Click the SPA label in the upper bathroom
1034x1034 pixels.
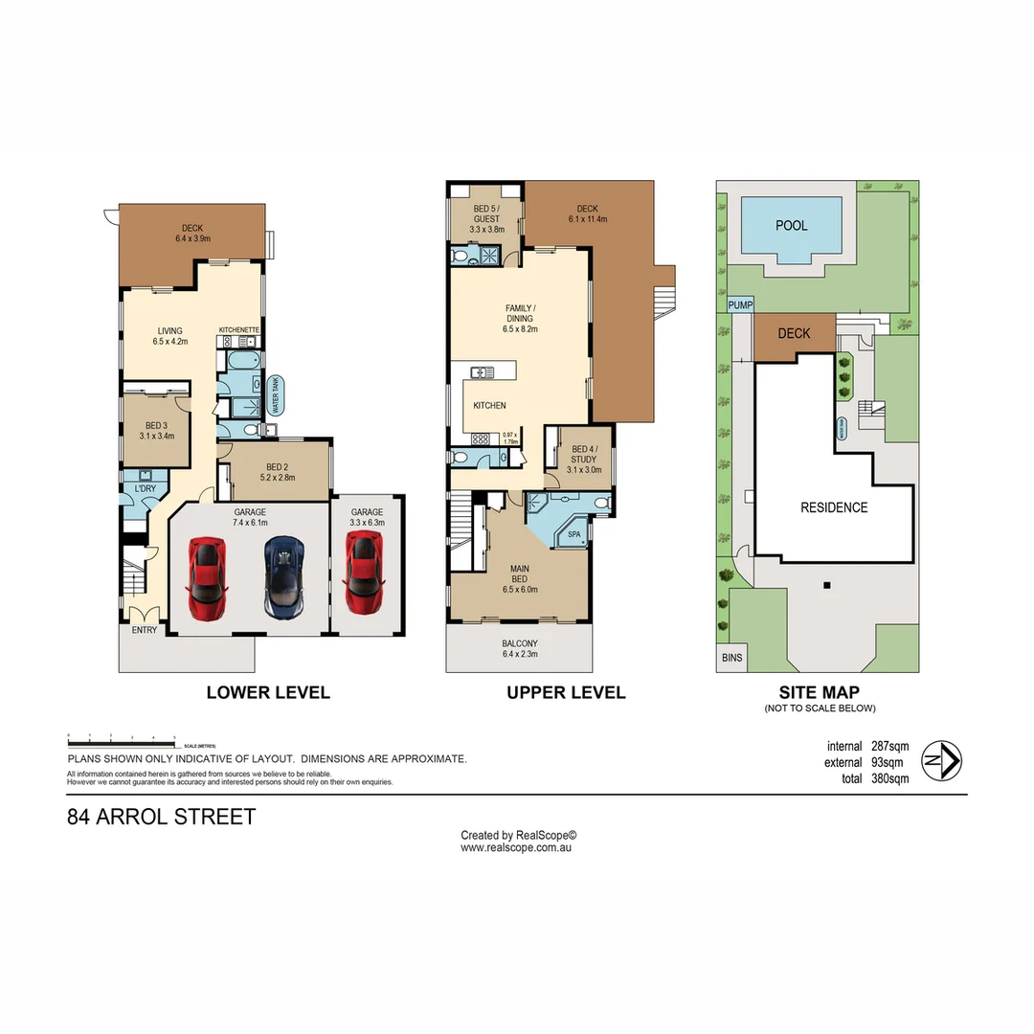pyautogui.click(x=575, y=534)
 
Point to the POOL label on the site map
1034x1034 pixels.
pyautogui.click(x=791, y=226)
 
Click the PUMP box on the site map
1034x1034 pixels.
pyautogui.click(x=740, y=305)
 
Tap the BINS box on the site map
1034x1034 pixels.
pyautogui.click(x=732, y=659)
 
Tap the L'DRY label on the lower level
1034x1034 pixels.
pyautogui.click(x=146, y=489)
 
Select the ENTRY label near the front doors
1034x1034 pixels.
pyautogui.click(x=145, y=630)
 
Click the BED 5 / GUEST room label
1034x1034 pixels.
pyautogui.click(x=486, y=219)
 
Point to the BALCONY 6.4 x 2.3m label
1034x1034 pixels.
pyautogui.click(x=521, y=648)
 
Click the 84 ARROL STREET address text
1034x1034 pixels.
pyautogui.click(x=162, y=818)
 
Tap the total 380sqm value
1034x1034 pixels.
pyautogui.click(x=889, y=779)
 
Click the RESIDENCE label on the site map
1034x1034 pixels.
pyautogui.click(x=834, y=507)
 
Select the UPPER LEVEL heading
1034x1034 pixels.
pyautogui.click(x=566, y=692)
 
